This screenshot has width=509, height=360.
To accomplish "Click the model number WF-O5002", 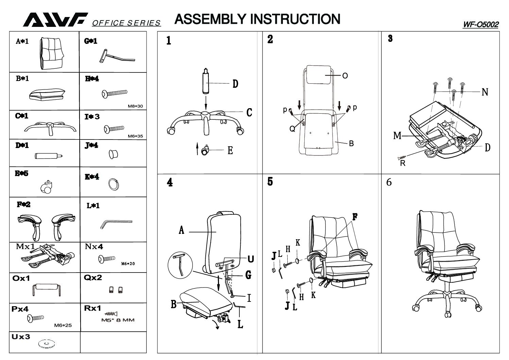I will coord(480,25).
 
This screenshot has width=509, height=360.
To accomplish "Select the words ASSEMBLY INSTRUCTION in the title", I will coord(257,19).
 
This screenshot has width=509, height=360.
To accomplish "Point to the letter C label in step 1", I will coord(249,112).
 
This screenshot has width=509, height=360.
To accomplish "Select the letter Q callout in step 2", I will coord(292,129).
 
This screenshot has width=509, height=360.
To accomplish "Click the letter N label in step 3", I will coord(485,92).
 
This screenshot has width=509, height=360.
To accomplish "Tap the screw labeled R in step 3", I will coord(402,158).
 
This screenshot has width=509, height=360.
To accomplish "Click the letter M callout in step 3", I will coord(397,136).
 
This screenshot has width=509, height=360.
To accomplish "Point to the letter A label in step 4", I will coord(182,231).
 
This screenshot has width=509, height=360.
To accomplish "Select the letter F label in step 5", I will coord(355,217).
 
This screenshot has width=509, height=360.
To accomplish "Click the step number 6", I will coord(389,182).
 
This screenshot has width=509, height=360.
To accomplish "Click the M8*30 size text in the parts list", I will coord(135,106).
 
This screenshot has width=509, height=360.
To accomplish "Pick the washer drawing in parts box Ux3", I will coord(46,344).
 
